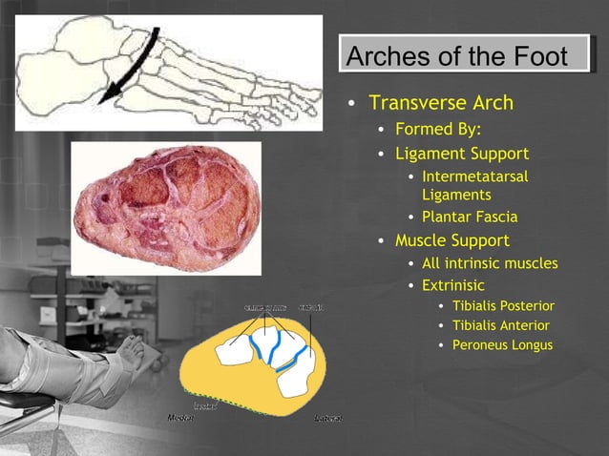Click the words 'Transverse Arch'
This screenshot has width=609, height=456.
tap(441, 103)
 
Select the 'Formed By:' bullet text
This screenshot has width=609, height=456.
tap(438, 129)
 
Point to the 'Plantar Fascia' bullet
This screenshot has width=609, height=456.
tap(470, 217)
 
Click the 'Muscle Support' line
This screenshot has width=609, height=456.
tap(451, 240)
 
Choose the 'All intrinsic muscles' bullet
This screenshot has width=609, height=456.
tap(489, 263)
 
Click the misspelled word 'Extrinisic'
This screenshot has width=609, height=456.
tap(452, 285)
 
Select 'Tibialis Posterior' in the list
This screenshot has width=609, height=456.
tap(503, 306)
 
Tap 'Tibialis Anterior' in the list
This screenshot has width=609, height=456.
tap(500, 325)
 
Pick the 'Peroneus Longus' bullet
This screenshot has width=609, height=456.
tap(502, 344)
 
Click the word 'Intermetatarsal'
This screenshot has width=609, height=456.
tap(474, 176)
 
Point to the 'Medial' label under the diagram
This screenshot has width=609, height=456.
tap(179, 418)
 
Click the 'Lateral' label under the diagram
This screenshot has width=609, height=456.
tap(328, 418)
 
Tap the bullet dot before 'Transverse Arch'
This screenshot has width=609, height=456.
tap(352, 104)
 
